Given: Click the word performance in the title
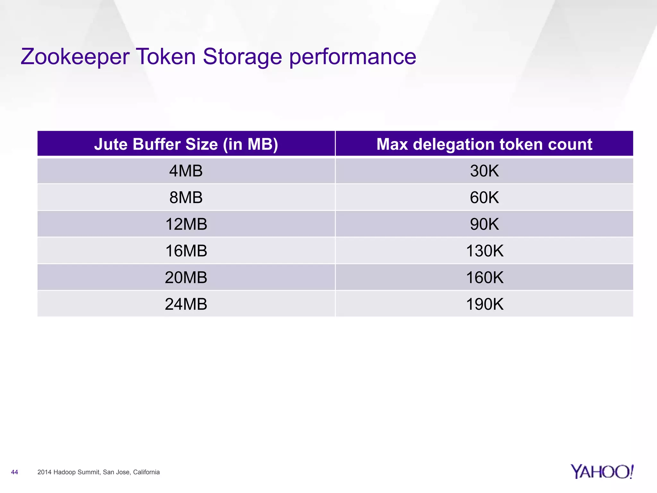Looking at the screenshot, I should (x=353, y=57).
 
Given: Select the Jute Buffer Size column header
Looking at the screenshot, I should (x=186, y=144).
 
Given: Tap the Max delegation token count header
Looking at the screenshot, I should (x=484, y=144).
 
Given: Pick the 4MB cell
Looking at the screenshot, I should (x=186, y=171).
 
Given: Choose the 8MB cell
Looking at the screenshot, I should (x=186, y=197).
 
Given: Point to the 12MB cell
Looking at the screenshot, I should (x=186, y=224).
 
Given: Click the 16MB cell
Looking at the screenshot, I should (x=186, y=251).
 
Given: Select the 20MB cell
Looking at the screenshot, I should (x=186, y=277).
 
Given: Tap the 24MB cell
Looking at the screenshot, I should (x=186, y=304).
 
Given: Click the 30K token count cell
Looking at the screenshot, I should (x=484, y=171).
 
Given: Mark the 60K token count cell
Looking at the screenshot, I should (x=484, y=197).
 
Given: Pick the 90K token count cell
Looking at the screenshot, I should (x=484, y=224).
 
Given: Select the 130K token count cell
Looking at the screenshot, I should (x=484, y=251).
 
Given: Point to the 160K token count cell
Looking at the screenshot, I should (x=484, y=277).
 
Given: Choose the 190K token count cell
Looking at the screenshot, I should (x=484, y=304).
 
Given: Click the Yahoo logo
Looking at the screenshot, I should (x=602, y=471).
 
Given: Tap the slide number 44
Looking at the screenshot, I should (x=14, y=472).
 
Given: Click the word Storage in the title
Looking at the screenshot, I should (x=242, y=56).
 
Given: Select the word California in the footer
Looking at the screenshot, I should (x=146, y=472).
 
